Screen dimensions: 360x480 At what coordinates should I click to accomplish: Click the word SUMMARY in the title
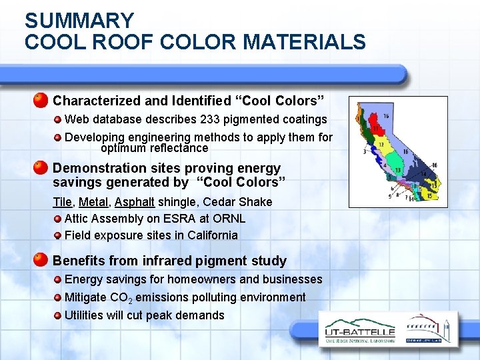click(79, 21)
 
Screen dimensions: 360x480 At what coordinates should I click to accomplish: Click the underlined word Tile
click(63, 201)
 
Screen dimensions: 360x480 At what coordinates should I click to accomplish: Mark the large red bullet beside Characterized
click(41, 101)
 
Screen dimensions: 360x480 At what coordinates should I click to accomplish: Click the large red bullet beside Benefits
click(41, 261)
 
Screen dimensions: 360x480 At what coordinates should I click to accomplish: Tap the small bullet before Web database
click(59, 119)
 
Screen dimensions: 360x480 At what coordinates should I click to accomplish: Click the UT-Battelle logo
click(359, 331)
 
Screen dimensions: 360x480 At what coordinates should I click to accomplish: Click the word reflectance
click(179, 148)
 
